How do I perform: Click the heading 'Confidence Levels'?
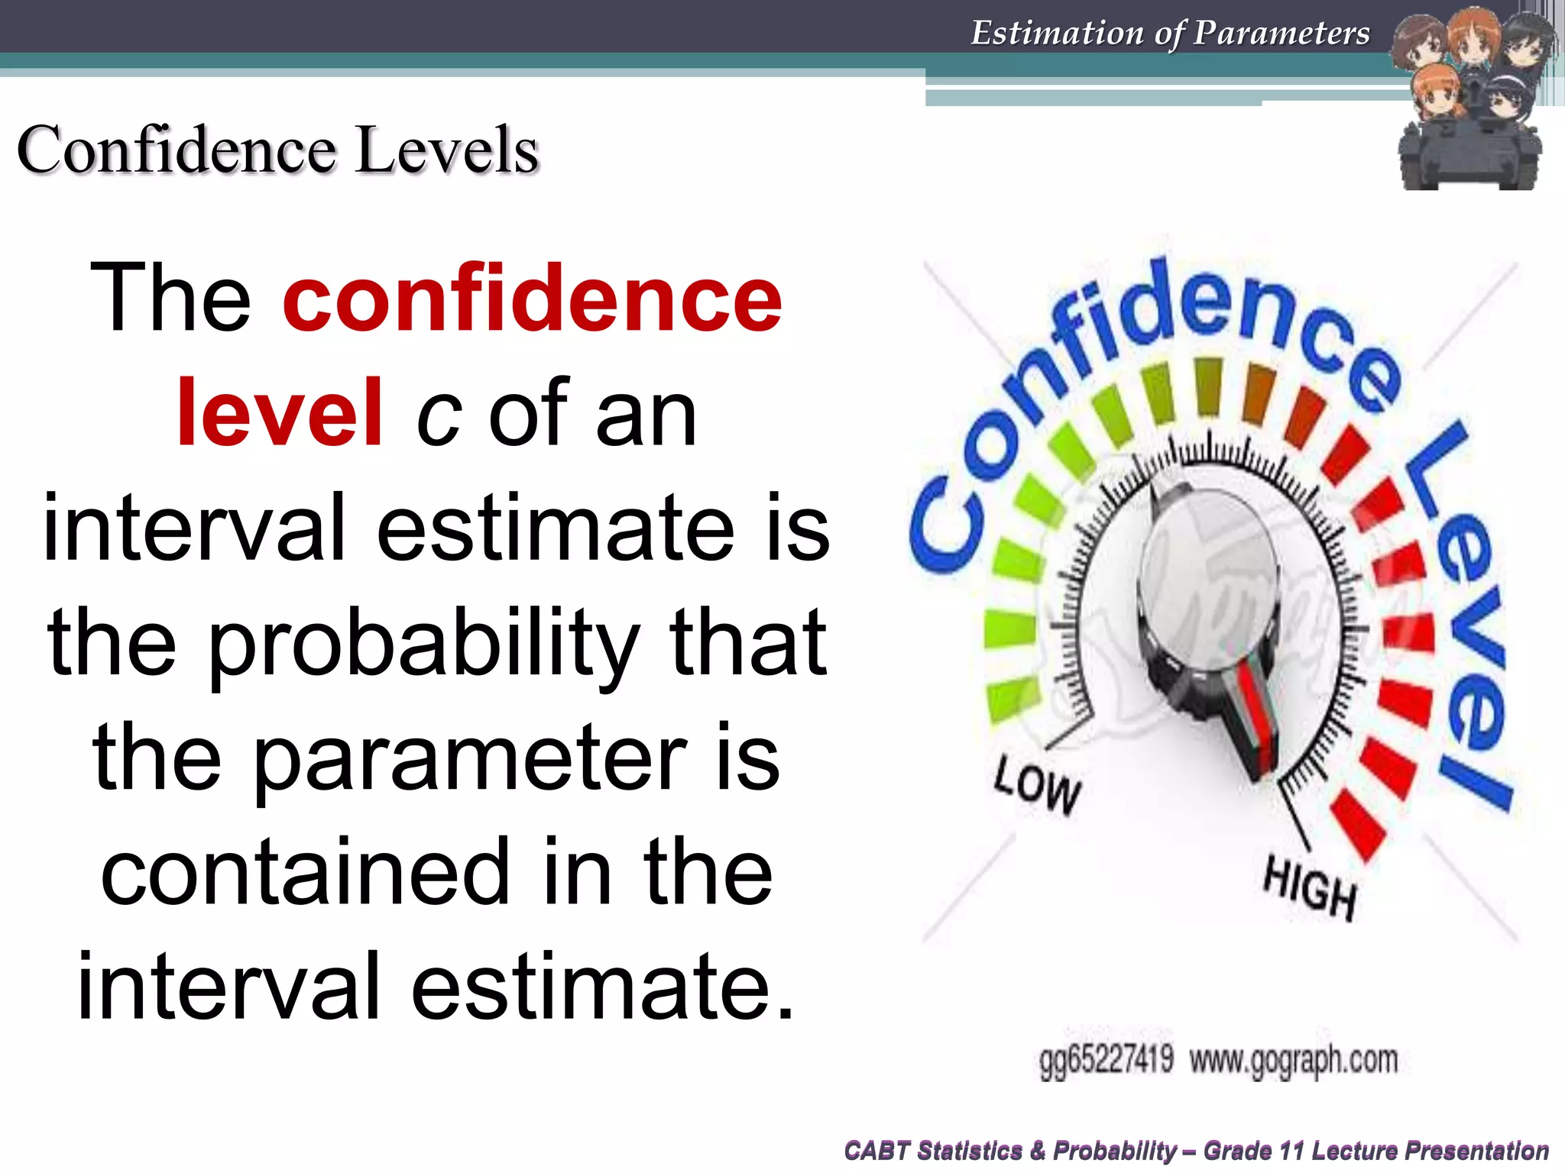(x=278, y=150)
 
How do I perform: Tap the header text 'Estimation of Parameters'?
(x=1170, y=33)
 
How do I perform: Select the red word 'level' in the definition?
(x=280, y=413)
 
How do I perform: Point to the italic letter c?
(x=438, y=417)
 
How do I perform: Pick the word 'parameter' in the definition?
(x=470, y=758)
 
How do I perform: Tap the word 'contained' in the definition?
(x=306, y=871)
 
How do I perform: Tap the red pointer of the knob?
(x=1258, y=714)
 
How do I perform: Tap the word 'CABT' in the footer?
(x=877, y=1150)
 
